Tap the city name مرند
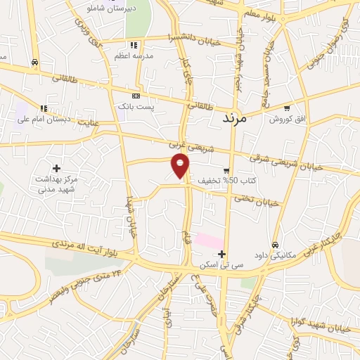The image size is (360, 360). (x=231, y=119)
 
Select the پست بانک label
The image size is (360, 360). (x=135, y=106)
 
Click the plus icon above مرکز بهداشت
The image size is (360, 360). (x=56, y=168)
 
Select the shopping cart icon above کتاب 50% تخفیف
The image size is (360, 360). (x=226, y=170)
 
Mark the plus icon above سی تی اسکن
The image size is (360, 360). (x=221, y=254)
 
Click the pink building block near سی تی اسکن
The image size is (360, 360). (x=209, y=240)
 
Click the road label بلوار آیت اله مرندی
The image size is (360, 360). (x=84, y=247)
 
